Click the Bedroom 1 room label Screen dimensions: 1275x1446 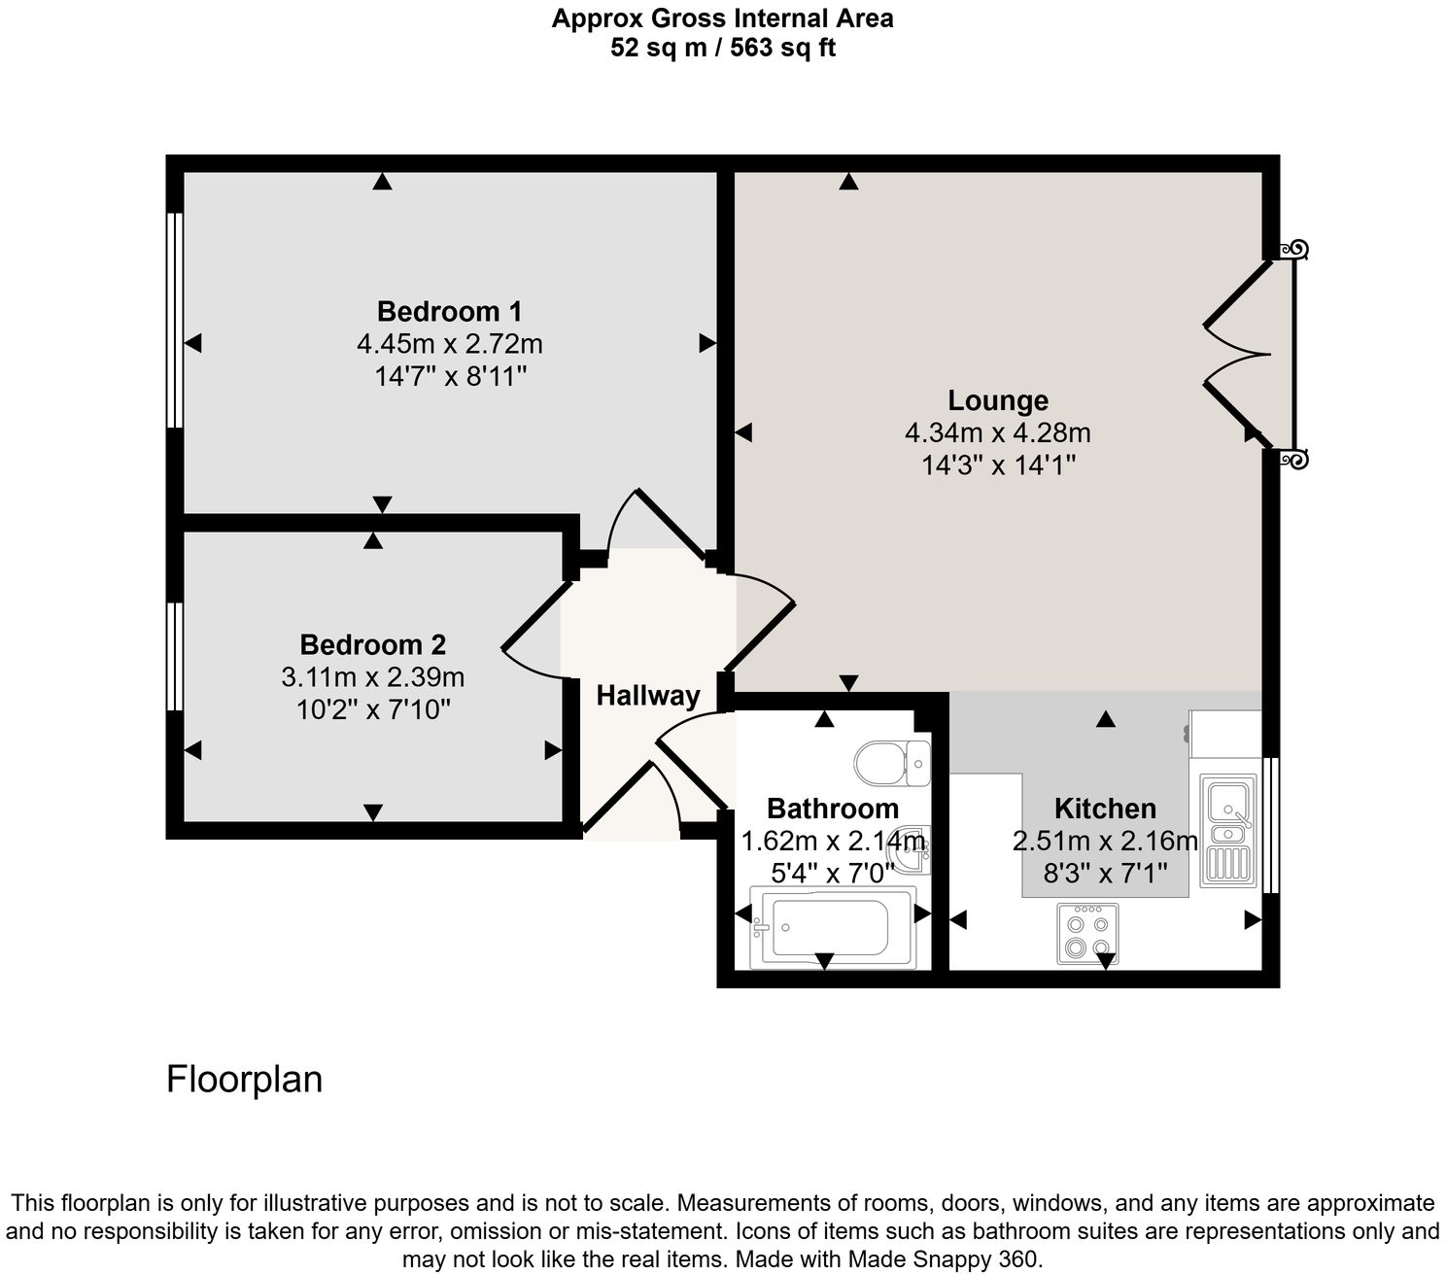pyautogui.click(x=449, y=312)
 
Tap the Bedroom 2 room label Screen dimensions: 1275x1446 pyautogui.click(x=372, y=645)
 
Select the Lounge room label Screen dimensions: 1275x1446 pyautogui.click(x=997, y=400)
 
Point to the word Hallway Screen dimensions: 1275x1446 pyautogui.click(x=647, y=696)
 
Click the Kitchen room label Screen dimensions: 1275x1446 pyautogui.click(x=1105, y=809)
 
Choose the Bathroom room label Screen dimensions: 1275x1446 pyautogui.click(x=832, y=809)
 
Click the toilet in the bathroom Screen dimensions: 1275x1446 pyautogui.click(x=892, y=763)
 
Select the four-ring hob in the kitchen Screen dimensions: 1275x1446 pyautogui.click(x=1087, y=934)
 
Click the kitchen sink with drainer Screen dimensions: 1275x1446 pyautogui.click(x=1227, y=830)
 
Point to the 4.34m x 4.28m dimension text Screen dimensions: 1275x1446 pyautogui.click(x=997, y=432)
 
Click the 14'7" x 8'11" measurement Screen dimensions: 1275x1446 pyautogui.click(x=450, y=376)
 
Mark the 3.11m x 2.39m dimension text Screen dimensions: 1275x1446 pyautogui.click(x=372, y=677)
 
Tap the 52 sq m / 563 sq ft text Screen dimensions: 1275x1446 pyautogui.click(x=722, y=48)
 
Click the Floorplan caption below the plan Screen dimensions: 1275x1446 pyautogui.click(x=244, y=1080)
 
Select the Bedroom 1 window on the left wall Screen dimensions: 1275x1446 pyautogui.click(x=175, y=320)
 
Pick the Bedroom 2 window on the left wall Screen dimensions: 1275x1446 pyautogui.click(x=175, y=656)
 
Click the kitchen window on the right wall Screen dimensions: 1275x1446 pyautogui.click(x=1271, y=824)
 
